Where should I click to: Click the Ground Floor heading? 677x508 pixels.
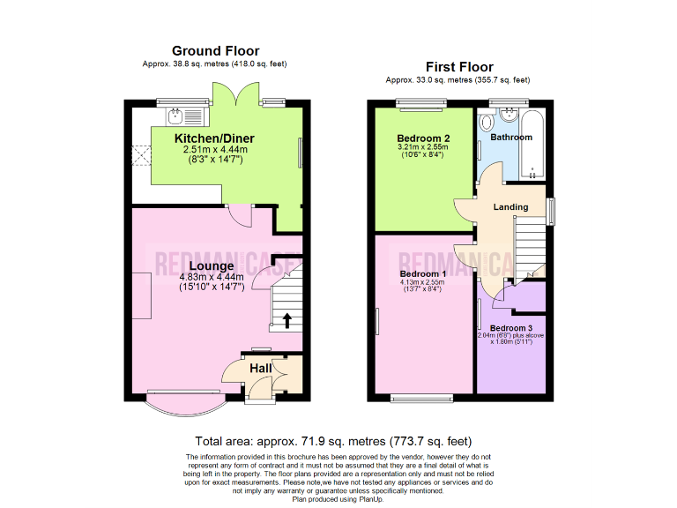coord(215,51)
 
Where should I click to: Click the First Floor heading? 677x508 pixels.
coord(459,67)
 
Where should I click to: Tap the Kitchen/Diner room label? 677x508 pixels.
coord(214,139)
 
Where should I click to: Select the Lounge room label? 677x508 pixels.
coord(211,265)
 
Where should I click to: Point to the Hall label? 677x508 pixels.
coord(260,368)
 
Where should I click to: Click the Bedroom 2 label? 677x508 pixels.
coord(423,138)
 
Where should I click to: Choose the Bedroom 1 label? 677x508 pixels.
coord(423,274)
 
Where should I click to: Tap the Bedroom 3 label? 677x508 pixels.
coord(511,328)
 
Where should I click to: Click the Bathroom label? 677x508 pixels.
coord(511,138)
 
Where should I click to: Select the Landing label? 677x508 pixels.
coord(510,207)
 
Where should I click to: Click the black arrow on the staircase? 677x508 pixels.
coord(286,320)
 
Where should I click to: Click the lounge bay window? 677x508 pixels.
coord(183,404)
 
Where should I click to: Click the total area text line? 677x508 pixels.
coord(333,441)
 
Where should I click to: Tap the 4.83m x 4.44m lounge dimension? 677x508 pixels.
coord(211,276)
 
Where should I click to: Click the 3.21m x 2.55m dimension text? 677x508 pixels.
coord(423,147)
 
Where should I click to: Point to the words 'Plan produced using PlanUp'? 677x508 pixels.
coord(338,499)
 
